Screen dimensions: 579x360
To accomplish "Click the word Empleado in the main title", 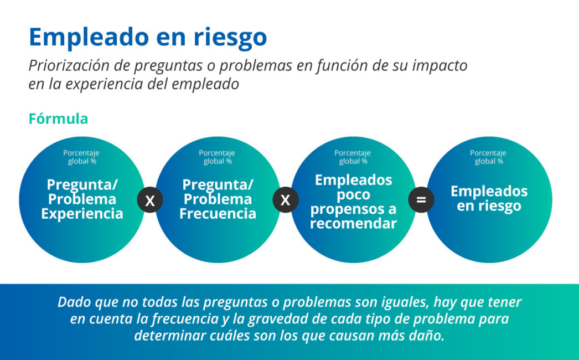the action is (x=89, y=37).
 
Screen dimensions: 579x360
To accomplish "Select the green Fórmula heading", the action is (x=58, y=119).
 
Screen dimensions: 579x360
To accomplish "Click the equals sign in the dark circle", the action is (x=421, y=200).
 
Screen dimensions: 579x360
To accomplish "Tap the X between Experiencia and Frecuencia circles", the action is (x=150, y=200).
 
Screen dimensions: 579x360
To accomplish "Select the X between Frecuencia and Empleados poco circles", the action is (x=286, y=200).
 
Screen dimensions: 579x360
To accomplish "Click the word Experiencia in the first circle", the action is (x=82, y=214).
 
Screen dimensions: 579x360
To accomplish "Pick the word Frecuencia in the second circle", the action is (x=218, y=214).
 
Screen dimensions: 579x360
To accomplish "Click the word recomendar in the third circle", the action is (x=353, y=223).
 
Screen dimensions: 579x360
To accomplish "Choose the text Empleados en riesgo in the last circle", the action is (x=489, y=198).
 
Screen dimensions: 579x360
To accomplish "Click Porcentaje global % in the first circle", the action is (x=81, y=157).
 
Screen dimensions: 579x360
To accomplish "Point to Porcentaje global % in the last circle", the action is (x=488, y=157).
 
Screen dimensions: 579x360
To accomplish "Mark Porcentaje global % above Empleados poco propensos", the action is (x=353, y=157).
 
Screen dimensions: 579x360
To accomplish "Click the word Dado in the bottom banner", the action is (x=74, y=302).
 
